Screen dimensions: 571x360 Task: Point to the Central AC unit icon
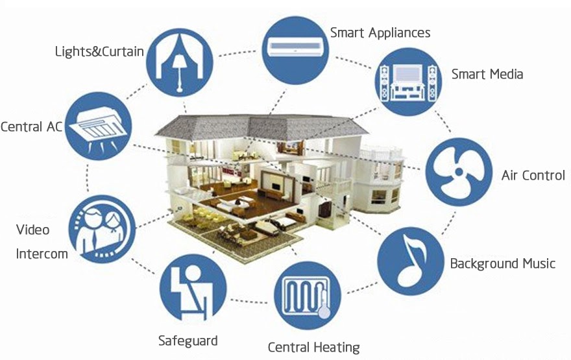click(x=99, y=125)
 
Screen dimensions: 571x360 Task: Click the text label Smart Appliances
click(x=380, y=32)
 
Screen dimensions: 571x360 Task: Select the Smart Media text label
click(x=487, y=74)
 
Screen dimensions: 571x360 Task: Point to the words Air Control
click(x=533, y=175)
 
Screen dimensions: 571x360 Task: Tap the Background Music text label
click(x=503, y=263)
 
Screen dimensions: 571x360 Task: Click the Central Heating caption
click(x=313, y=347)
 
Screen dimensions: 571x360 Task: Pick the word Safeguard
click(x=188, y=341)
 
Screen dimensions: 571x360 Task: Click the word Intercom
click(x=42, y=254)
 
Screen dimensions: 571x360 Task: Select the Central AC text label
click(x=31, y=126)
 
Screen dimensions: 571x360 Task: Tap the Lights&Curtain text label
click(x=99, y=51)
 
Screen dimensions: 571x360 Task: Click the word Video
click(x=32, y=230)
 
